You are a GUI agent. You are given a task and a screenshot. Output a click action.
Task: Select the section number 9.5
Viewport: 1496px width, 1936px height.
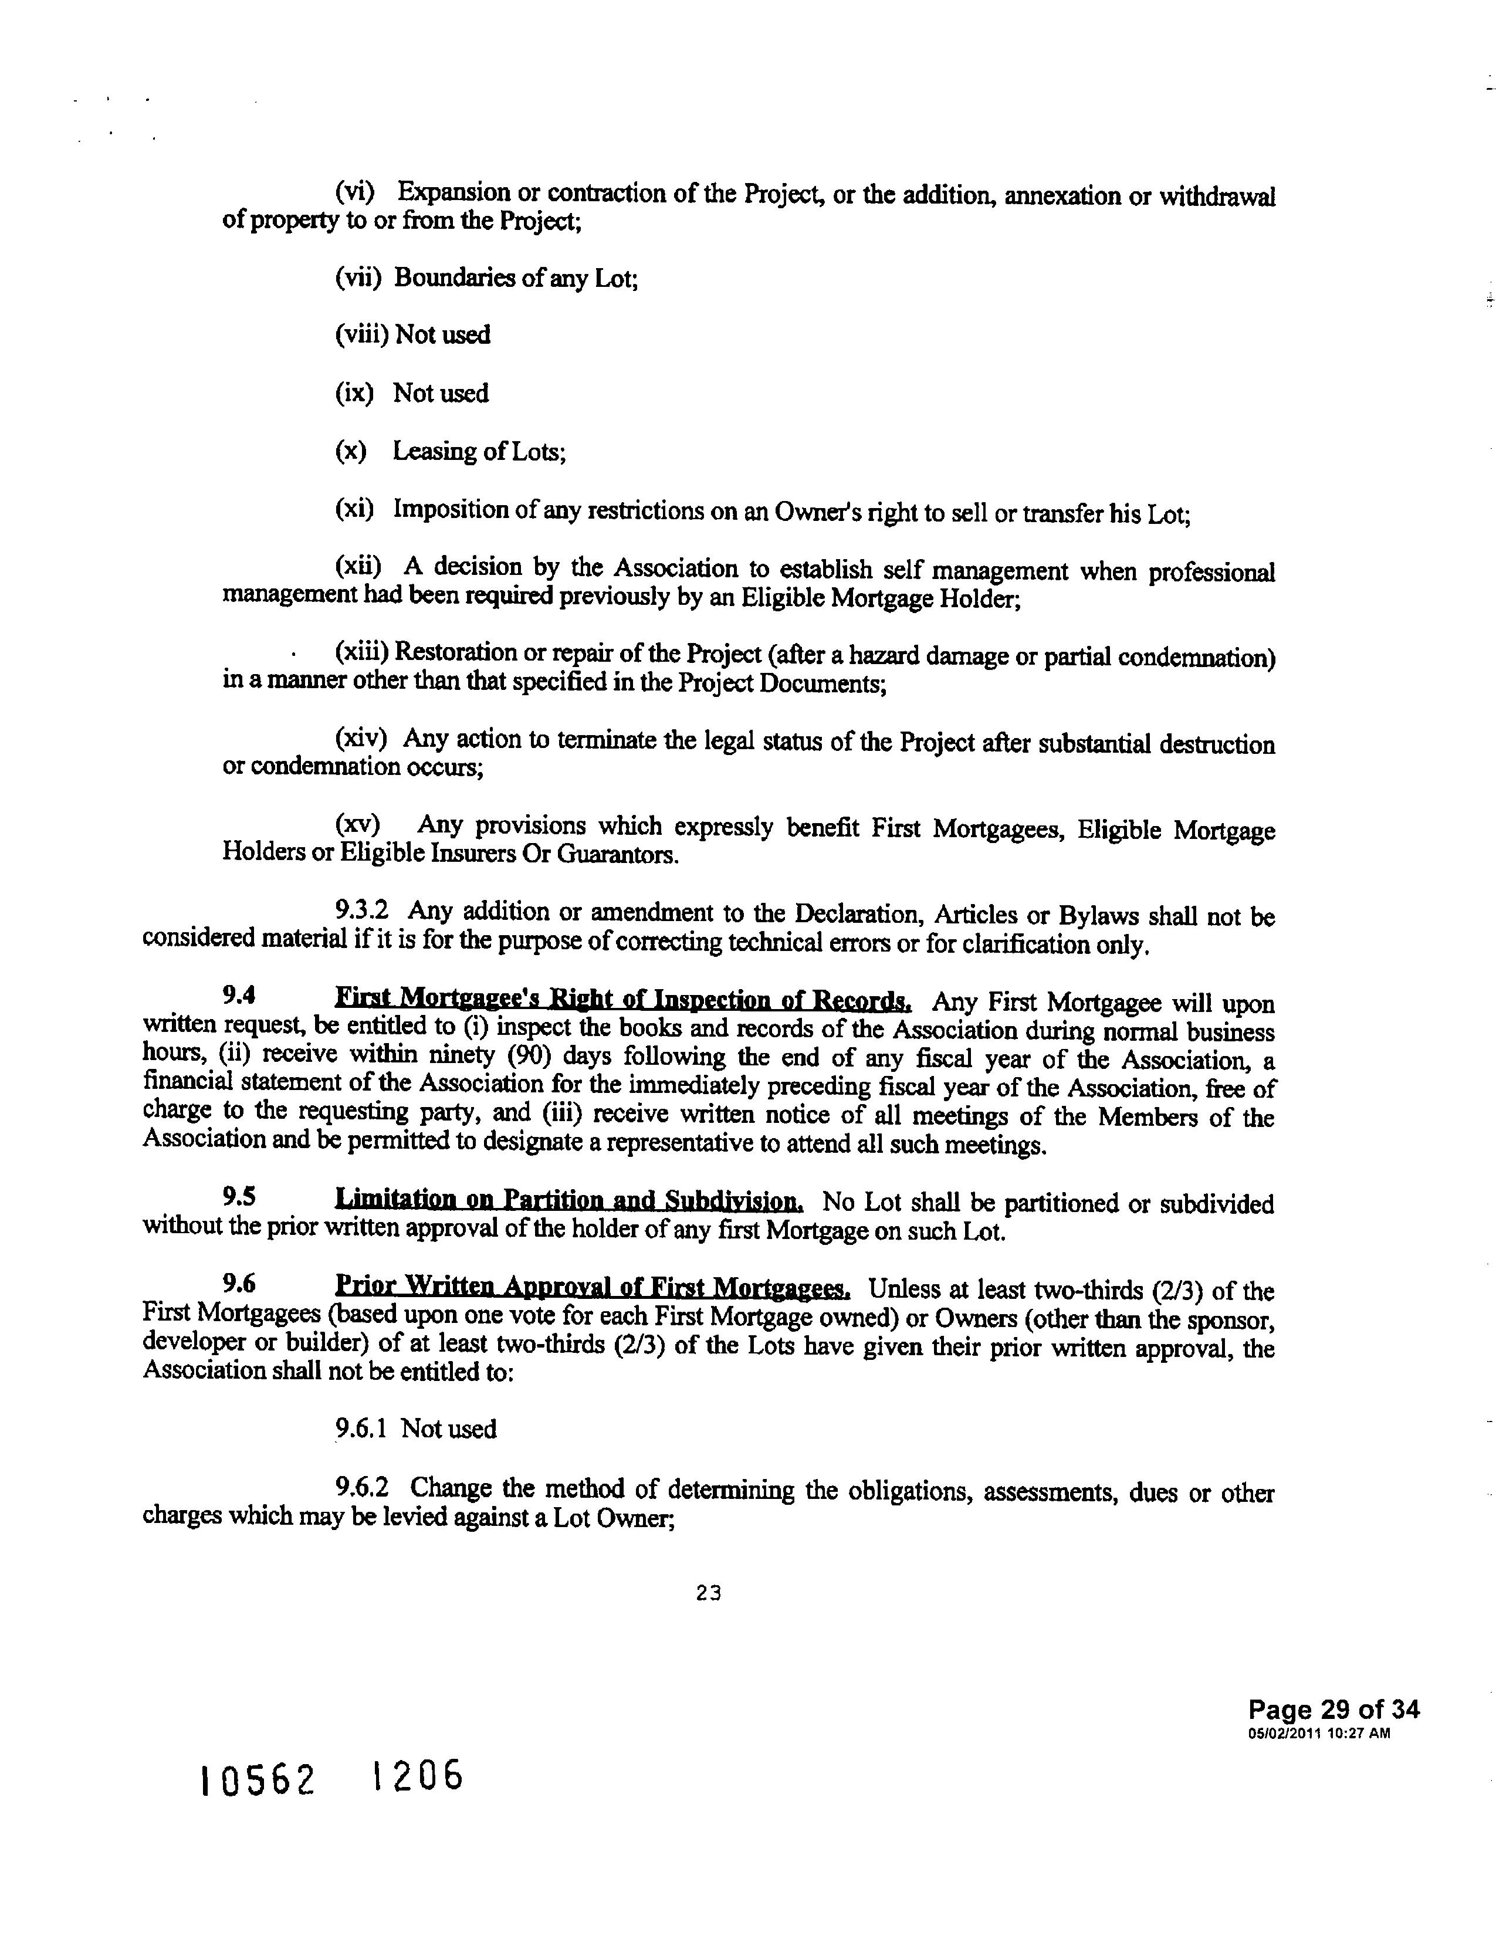click(239, 1197)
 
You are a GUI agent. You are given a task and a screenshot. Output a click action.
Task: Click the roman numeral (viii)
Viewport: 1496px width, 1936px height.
click(361, 335)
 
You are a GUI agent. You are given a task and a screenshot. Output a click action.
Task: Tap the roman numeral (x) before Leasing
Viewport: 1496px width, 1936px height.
click(351, 451)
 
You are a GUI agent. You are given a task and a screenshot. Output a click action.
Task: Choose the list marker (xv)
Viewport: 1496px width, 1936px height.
click(358, 824)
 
